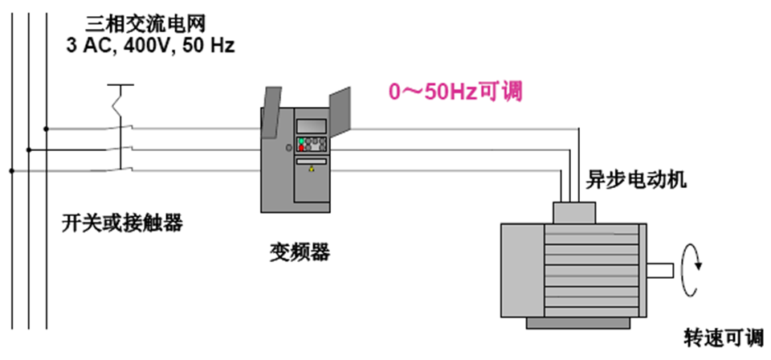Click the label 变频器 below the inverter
pyautogui.click(x=300, y=253)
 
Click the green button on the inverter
pyautogui.click(x=301, y=141)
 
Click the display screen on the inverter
pyautogui.click(x=312, y=125)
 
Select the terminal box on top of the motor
pyautogui.click(x=573, y=211)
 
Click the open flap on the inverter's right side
pyautogui.click(x=341, y=112)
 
